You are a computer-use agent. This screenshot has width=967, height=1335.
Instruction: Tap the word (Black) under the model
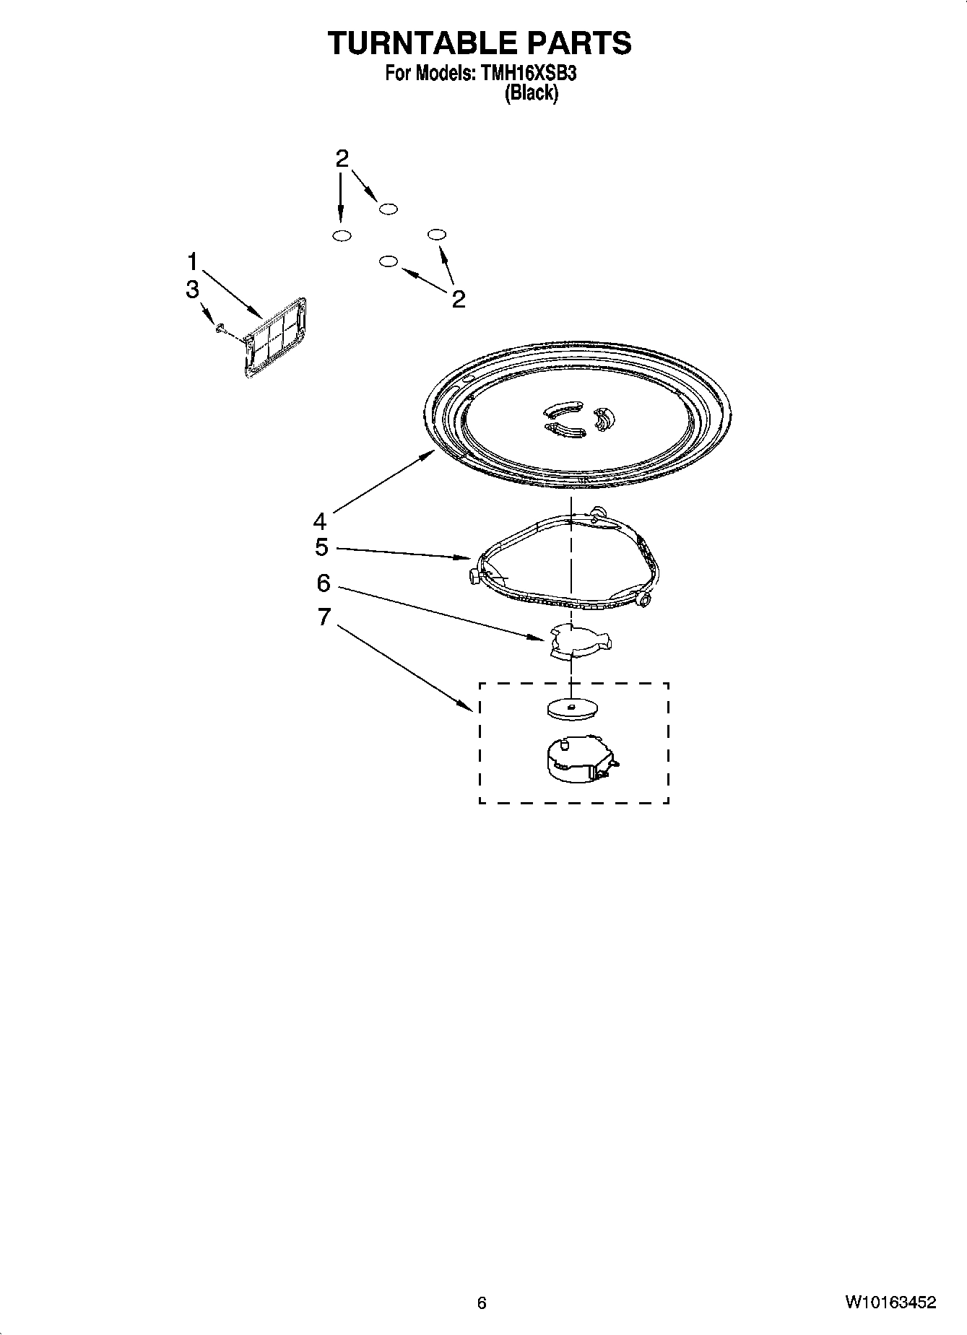click(531, 92)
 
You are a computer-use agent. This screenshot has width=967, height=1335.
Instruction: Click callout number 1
click(193, 260)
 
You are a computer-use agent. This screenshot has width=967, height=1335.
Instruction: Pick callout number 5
click(321, 547)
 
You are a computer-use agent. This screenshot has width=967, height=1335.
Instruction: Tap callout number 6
click(323, 582)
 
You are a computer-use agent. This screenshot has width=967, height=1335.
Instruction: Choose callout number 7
click(324, 616)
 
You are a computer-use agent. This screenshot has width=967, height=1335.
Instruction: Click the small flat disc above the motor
click(571, 708)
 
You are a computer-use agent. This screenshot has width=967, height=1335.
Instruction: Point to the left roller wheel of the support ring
click(474, 576)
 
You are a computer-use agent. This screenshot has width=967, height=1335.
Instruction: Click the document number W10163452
click(890, 1303)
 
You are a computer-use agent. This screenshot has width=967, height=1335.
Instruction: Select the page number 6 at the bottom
click(482, 1303)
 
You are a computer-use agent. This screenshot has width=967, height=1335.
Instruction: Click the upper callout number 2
click(342, 157)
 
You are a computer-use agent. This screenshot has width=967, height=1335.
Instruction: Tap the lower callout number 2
click(459, 298)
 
